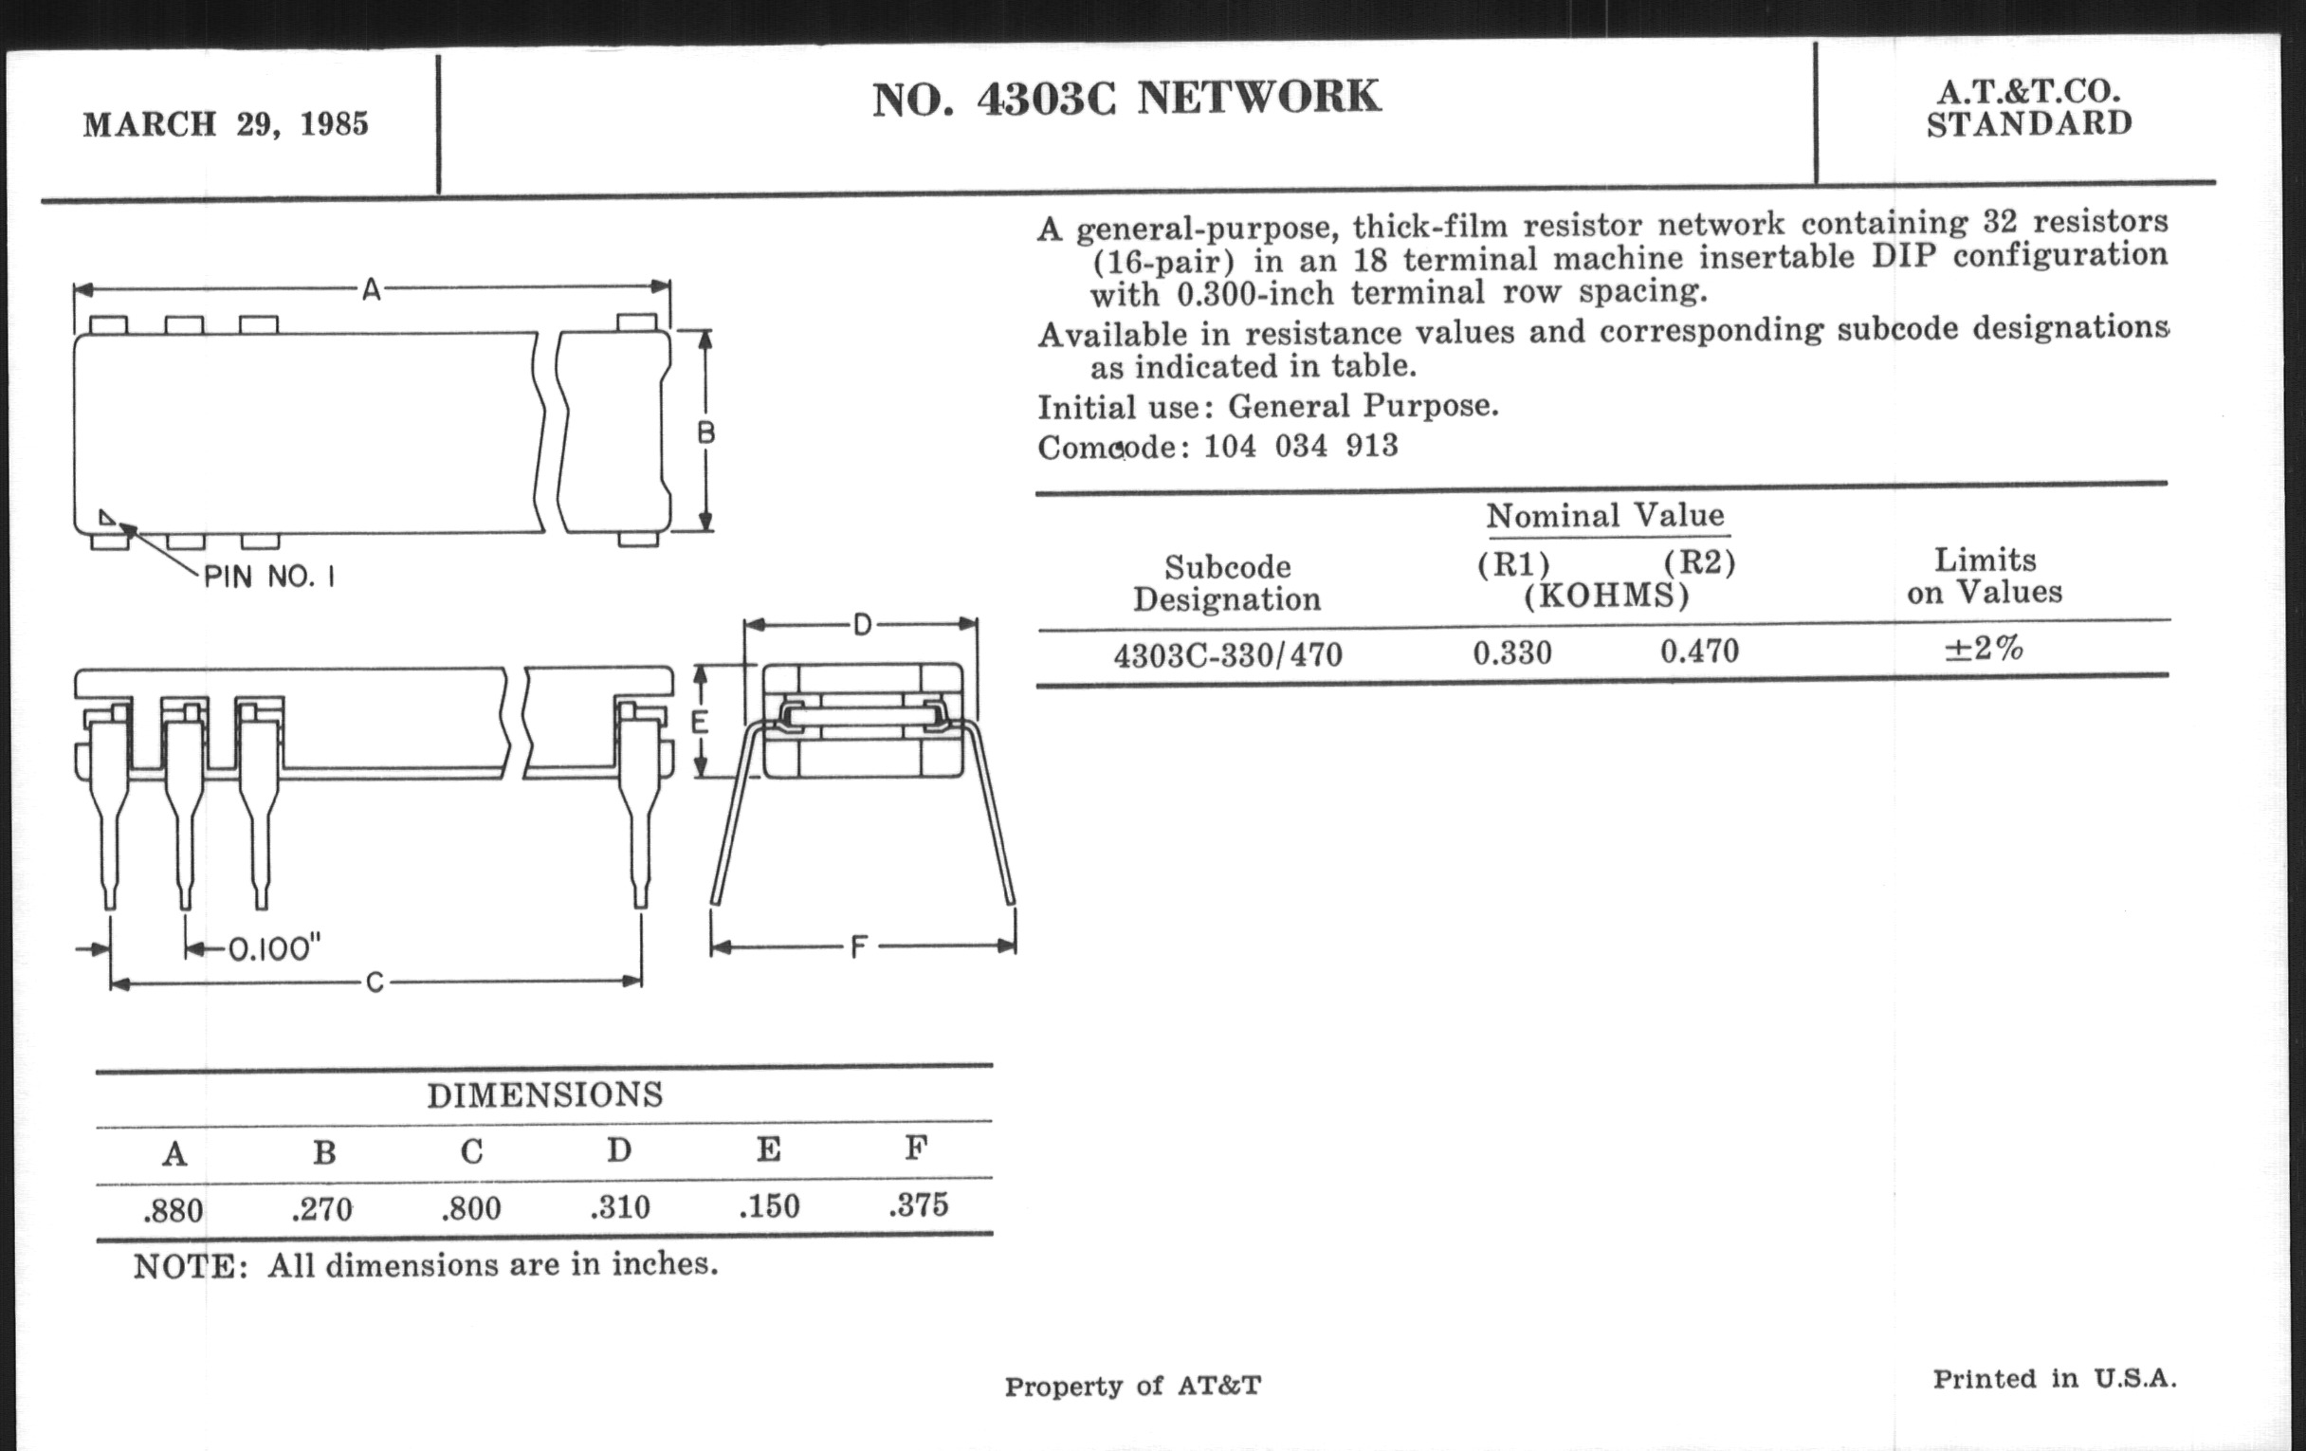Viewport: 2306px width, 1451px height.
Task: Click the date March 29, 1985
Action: click(225, 124)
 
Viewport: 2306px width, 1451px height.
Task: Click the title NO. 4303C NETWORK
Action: click(1126, 98)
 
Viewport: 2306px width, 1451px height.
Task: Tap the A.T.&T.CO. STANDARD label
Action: click(2028, 107)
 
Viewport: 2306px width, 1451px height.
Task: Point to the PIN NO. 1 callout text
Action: click(269, 577)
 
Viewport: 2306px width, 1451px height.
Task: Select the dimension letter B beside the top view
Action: click(705, 432)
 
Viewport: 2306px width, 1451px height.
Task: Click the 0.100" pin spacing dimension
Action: click(274, 949)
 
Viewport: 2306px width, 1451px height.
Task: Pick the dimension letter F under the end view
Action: click(859, 947)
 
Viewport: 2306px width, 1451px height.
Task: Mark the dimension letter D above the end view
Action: click(862, 625)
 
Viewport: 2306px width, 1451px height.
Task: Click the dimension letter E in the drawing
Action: click(700, 720)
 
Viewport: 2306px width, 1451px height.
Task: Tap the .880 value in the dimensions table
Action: click(174, 1212)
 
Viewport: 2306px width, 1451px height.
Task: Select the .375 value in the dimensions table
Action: click(919, 1204)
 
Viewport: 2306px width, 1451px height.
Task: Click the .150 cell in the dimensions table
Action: click(769, 1206)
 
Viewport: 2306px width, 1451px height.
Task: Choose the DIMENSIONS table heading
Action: click(544, 1094)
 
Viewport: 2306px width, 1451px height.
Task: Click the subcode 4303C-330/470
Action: click(1228, 655)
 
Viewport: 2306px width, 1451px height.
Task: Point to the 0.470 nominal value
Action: click(1699, 652)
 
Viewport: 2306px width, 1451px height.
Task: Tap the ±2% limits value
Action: click(1984, 649)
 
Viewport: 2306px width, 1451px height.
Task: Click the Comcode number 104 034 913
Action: click(1301, 446)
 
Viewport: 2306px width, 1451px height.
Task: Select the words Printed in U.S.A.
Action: click(2054, 1378)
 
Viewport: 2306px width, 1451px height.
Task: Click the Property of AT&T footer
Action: click(1132, 1386)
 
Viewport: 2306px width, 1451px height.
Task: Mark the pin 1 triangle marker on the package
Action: click(106, 518)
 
